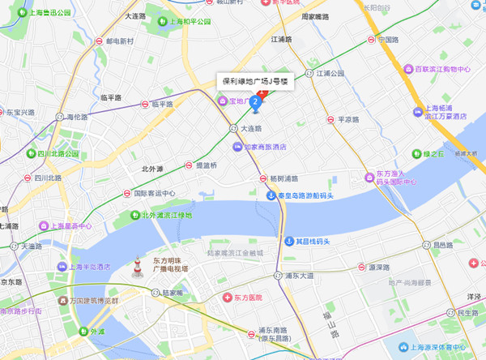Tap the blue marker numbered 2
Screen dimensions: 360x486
(x=256, y=102)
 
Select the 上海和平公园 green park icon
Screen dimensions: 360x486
(x=164, y=22)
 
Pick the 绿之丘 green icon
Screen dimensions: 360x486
(x=416, y=153)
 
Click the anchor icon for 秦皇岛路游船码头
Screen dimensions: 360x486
(x=271, y=195)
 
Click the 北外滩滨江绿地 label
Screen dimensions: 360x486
(x=167, y=215)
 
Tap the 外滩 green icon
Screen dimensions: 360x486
(x=83, y=331)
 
